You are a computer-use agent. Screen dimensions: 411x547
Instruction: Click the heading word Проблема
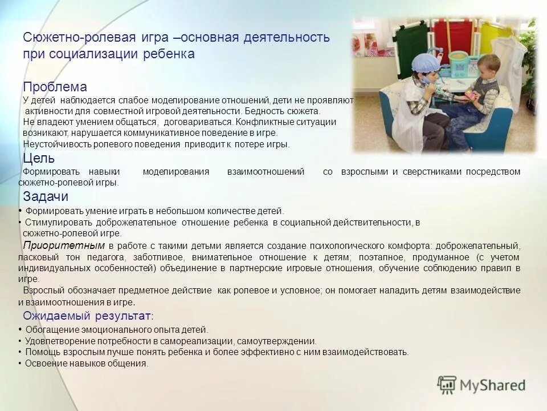pyautogui.click(x=55, y=87)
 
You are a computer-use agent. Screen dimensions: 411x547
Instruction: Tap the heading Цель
pyautogui.click(x=39, y=158)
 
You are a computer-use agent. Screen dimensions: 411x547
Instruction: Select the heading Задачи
pyautogui.click(x=46, y=196)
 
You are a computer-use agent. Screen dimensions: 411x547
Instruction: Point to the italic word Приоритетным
pyautogui.click(x=64, y=245)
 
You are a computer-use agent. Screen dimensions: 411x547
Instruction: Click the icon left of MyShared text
pyautogui.click(x=447, y=384)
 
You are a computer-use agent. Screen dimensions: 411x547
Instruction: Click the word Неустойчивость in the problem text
pyautogui.click(x=51, y=144)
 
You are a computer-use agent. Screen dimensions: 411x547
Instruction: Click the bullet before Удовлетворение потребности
pyautogui.click(x=20, y=341)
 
